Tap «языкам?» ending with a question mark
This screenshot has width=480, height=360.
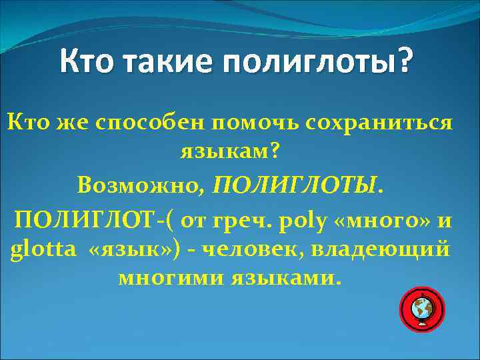click(x=230, y=153)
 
